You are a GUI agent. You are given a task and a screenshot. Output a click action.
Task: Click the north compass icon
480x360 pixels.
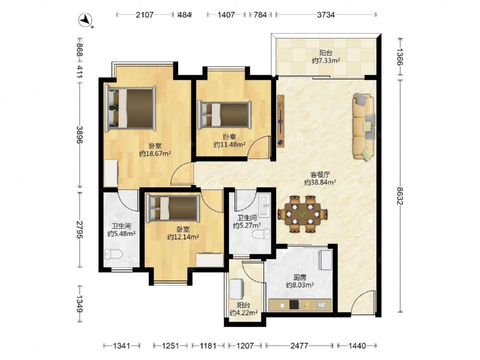pos(86,21)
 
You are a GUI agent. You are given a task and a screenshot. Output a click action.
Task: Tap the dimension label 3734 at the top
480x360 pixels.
pos(326,15)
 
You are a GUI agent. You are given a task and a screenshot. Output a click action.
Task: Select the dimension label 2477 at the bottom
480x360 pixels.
pos(300,346)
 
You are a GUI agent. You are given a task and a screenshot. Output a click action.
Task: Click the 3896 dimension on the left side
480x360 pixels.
pos(80,134)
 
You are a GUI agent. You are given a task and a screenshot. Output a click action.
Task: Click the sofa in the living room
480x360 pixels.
pos(364,126)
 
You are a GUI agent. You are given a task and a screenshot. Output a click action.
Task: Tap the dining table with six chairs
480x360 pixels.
pos(302,214)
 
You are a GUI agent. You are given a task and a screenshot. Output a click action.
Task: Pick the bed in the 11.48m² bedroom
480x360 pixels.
pos(224,115)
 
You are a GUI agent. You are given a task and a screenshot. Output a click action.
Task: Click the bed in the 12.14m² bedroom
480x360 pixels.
pos(173,208)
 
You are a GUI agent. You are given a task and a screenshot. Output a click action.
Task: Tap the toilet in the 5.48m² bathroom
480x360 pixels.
pos(114,254)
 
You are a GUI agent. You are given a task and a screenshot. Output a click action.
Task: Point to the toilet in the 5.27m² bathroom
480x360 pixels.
pos(261,235)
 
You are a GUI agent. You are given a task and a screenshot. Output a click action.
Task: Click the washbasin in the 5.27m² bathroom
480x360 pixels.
pos(264,205)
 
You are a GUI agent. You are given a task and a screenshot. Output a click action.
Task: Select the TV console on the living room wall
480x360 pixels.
pos(281,121)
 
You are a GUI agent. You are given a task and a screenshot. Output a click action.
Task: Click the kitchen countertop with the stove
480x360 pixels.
pos(300,305)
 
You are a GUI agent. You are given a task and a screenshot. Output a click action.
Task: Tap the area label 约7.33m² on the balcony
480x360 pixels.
pos(326,60)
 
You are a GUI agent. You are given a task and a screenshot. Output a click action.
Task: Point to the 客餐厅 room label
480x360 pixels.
pos(320,175)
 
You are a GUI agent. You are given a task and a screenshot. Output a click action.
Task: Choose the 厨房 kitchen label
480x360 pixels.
pos(300,277)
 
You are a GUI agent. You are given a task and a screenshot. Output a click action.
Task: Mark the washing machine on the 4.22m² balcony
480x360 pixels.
pos(237,288)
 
